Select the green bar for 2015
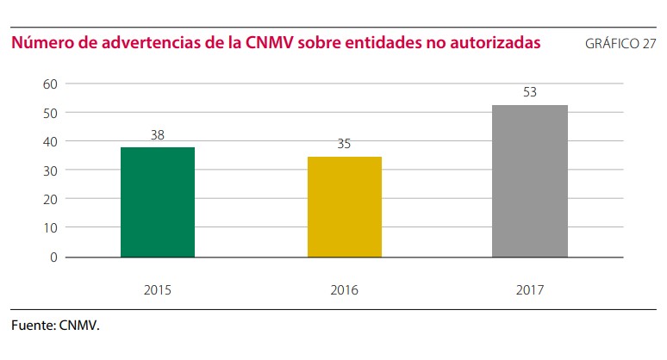click(x=158, y=202)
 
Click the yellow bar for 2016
click(x=345, y=207)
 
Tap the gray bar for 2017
click(x=530, y=181)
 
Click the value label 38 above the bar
click(x=157, y=134)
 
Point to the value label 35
click(x=344, y=144)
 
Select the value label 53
click(x=530, y=91)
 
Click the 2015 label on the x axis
click(x=158, y=289)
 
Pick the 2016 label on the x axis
click(x=345, y=289)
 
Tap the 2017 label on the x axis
click(x=531, y=289)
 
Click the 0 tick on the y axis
click(x=53, y=257)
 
